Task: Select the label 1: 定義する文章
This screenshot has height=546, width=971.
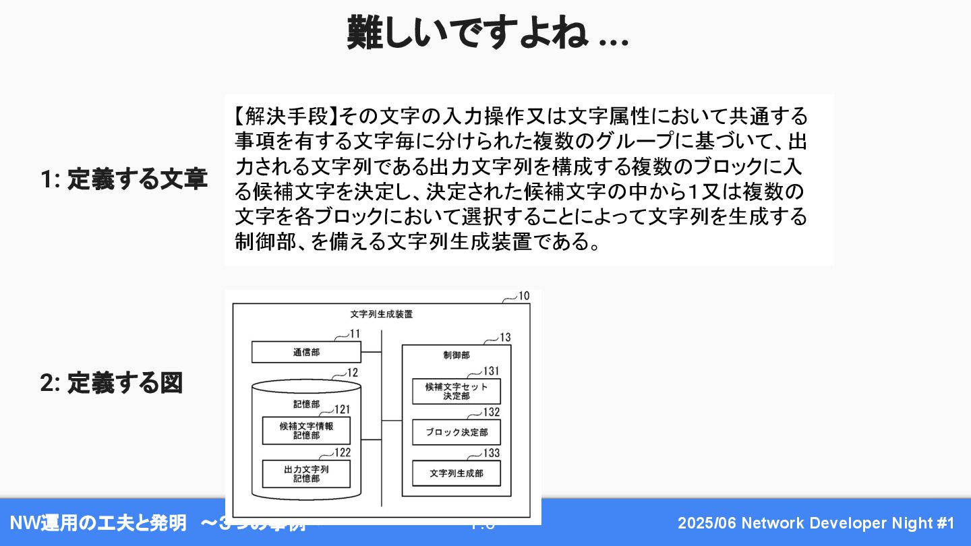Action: (123, 180)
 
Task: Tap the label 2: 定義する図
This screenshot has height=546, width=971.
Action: (111, 383)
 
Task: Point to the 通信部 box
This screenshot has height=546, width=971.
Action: (306, 352)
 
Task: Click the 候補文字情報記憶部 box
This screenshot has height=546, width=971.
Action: (306, 431)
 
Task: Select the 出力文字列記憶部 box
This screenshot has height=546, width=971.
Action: (306, 474)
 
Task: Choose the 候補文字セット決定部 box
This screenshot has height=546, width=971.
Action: (457, 391)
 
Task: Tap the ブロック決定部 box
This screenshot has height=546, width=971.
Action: (457, 432)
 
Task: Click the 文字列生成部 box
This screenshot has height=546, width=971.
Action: (457, 473)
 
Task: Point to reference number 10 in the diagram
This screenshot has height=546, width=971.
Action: (524, 296)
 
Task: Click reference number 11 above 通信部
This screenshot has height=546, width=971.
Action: (355, 334)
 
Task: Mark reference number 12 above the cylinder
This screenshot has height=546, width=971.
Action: (352, 372)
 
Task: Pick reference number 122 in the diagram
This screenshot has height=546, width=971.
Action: (343, 452)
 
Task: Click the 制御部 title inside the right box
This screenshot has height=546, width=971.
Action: (457, 355)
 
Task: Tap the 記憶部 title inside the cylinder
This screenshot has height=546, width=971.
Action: (306, 404)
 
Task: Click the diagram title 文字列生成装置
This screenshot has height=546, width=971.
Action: (382, 314)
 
